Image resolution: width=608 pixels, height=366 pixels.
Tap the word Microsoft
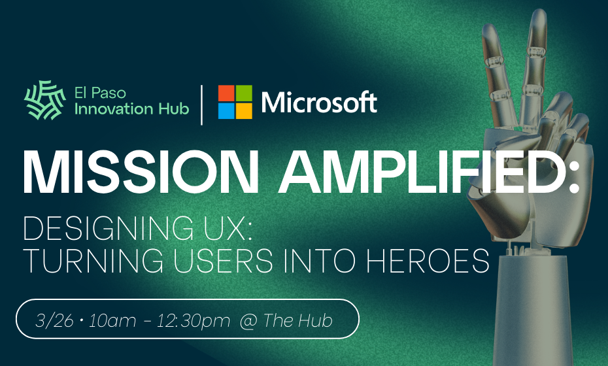tap(319, 102)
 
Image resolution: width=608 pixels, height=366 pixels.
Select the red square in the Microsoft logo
tap(226, 93)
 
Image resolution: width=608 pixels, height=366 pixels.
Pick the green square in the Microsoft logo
tap(244, 93)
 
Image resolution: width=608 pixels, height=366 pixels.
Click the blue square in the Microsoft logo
tap(226, 111)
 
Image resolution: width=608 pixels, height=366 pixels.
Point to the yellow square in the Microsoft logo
tap(244, 111)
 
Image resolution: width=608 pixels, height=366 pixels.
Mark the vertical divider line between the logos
tap(202, 103)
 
